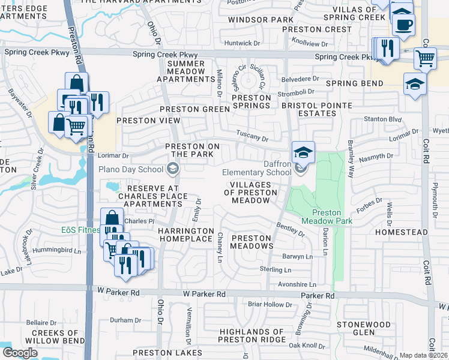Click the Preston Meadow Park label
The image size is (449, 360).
[326, 217]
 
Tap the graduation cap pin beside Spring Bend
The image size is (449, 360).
[415, 84]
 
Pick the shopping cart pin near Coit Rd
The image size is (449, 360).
[426, 59]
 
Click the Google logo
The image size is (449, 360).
[20, 353]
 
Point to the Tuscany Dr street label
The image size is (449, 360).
[252, 137]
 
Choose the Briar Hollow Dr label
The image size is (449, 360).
[270, 304]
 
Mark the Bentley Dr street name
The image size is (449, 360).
[291, 229]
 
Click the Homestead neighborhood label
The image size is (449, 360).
[401, 232]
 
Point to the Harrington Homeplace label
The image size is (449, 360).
[185, 235]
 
